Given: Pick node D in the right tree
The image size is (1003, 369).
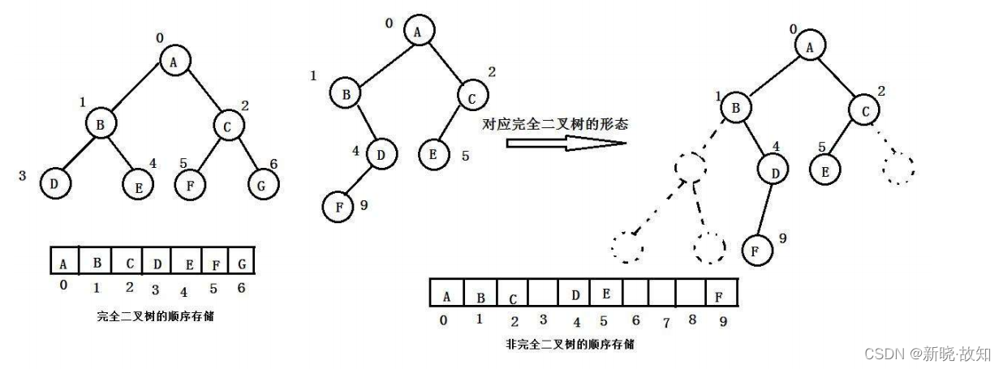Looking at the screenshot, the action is pyautogui.click(x=773, y=170).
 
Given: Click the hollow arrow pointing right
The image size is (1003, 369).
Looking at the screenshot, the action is pyautogui.click(x=566, y=143).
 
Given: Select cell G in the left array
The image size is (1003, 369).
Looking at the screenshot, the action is pyautogui.click(x=243, y=262).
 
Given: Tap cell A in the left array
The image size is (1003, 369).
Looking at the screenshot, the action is pyautogui.click(x=63, y=262).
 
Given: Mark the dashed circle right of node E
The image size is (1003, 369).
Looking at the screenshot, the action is pyautogui.click(x=898, y=169).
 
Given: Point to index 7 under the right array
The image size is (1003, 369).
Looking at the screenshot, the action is pyautogui.click(x=666, y=323).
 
